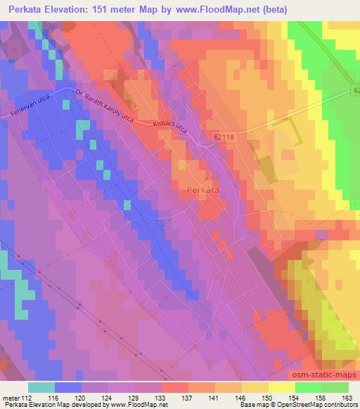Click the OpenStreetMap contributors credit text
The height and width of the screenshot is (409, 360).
321,405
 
